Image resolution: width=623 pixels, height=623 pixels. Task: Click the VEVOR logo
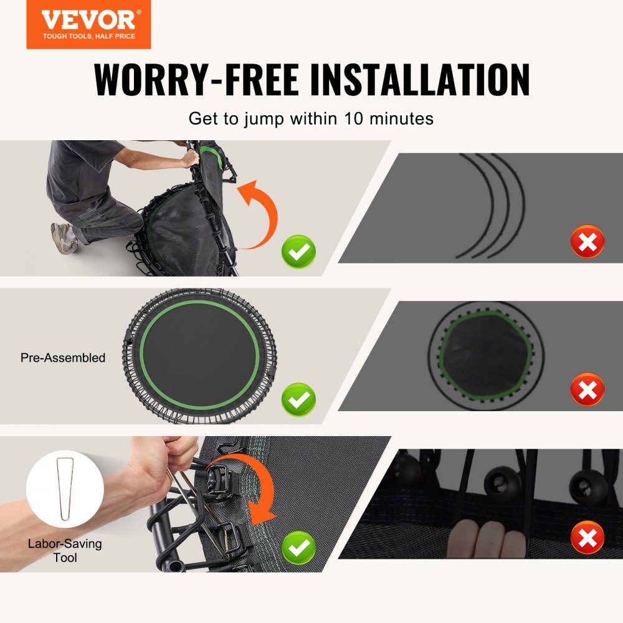point(88,24)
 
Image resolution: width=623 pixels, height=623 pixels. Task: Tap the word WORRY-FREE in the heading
point(196,80)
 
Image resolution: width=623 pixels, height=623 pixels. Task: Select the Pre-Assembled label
point(63,358)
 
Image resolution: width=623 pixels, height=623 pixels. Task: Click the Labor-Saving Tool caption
point(65,550)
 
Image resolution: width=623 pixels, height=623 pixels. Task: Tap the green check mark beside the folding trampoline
point(298,252)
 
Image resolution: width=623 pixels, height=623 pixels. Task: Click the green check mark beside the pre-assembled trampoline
point(298,400)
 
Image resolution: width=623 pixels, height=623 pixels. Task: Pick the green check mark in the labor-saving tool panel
point(298,548)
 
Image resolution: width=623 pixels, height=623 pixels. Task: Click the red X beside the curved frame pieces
point(587,241)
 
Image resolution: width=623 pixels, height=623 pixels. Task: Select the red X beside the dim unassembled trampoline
point(587,389)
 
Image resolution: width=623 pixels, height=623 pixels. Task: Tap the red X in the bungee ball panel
point(587,537)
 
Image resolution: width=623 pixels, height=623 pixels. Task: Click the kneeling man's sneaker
point(64,238)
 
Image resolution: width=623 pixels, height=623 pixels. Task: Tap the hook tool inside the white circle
point(64,489)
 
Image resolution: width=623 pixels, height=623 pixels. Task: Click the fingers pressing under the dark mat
point(487,539)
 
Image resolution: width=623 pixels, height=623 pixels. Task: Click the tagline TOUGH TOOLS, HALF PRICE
point(88,36)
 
